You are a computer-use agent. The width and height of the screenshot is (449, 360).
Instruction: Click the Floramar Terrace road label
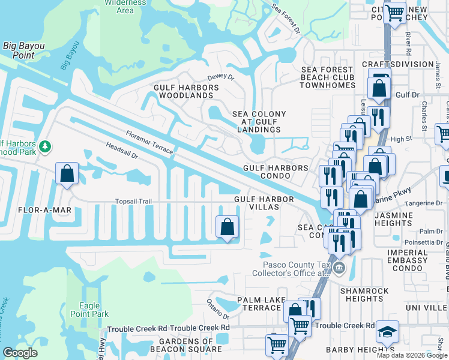(149, 142)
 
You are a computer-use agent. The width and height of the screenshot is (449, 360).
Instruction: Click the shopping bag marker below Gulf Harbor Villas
(227, 227)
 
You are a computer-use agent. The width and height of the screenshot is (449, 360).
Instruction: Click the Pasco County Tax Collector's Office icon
(339, 268)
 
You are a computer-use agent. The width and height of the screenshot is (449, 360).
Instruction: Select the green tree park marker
(44, 146)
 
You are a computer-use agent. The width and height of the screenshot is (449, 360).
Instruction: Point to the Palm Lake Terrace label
(259, 304)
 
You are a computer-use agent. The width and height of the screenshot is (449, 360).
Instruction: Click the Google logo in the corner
(20, 353)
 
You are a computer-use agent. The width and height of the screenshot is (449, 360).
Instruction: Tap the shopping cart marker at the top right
(394, 11)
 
